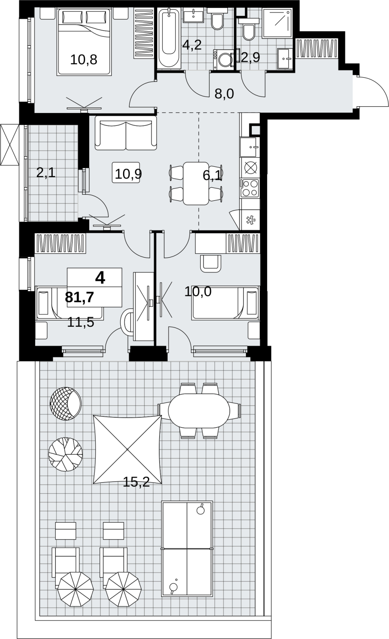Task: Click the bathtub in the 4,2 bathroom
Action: [x=169, y=38]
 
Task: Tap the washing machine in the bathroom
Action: [x=223, y=60]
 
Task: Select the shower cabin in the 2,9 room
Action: [x=277, y=23]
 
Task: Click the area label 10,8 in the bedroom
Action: [x=84, y=60]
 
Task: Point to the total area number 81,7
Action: [x=80, y=298]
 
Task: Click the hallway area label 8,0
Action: [x=224, y=93]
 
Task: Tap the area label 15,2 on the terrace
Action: [x=136, y=482]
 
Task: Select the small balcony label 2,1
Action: [x=46, y=173]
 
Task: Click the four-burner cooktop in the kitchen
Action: [x=250, y=188]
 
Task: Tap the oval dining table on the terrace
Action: [x=199, y=411]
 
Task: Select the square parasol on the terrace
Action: [x=128, y=450]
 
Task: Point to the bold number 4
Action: [x=100, y=278]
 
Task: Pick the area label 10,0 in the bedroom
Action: [x=198, y=292]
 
